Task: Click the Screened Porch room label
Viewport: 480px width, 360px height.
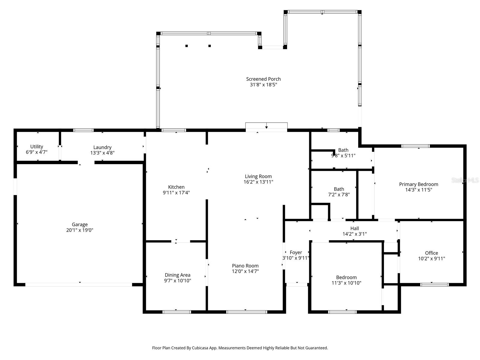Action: click(263, 79)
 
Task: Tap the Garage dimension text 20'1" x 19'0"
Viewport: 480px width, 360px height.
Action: click(79, 230)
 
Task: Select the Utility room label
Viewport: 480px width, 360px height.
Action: click(37, 147)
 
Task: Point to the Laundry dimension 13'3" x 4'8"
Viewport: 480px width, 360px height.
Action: click(102, 153)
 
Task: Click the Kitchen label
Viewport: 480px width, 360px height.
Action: click(176, 187)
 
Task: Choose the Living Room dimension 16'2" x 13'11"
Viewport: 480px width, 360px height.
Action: click(258, 182)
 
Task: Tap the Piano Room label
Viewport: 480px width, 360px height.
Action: click(245, 265)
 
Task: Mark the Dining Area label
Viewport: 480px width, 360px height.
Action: click(177, 275)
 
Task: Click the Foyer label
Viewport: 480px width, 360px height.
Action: click(296, 253)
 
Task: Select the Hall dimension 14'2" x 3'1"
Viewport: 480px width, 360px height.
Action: click(355, 234)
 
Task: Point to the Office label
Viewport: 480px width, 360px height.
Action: click(431, 253)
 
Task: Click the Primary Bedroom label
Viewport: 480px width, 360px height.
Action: click(418, 184)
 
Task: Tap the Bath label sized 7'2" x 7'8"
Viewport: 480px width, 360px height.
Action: click(339, 189)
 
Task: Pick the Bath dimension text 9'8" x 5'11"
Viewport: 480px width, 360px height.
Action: click(343, 155)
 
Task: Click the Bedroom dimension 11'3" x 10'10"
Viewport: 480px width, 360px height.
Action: click(346, 283)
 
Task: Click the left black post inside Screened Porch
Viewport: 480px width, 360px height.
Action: click(187, 46)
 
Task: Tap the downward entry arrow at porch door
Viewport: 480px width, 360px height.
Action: click(266, 127)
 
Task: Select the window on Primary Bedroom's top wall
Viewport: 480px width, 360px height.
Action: click(415, 146)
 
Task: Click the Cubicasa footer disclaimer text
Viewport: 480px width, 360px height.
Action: click(240, 348)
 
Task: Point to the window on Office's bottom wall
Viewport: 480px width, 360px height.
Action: click(434, 284)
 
